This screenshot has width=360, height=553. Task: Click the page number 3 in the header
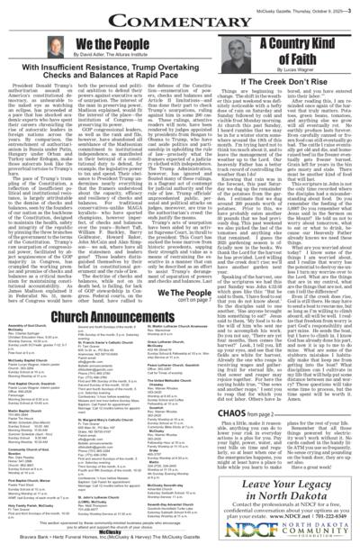tap(353, 7)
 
